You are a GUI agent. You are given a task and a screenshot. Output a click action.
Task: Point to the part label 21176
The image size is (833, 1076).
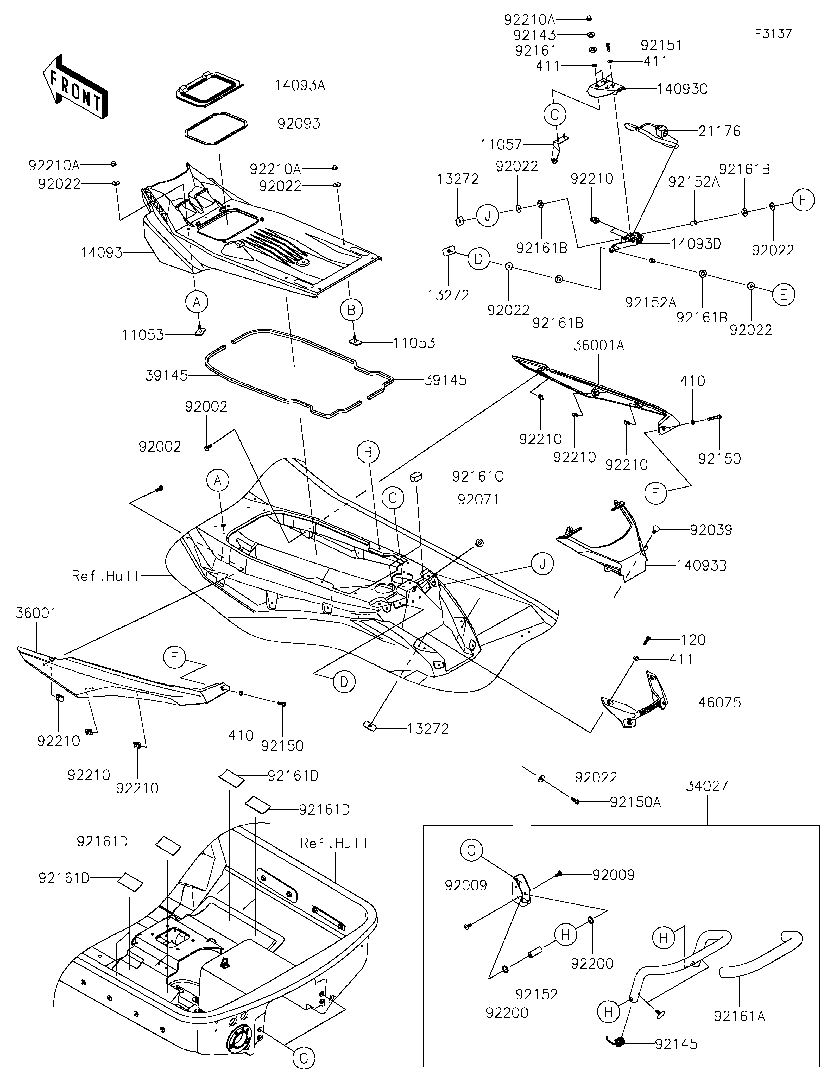[720, 131]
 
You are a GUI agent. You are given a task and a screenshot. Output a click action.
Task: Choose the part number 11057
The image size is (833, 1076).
[501, 144]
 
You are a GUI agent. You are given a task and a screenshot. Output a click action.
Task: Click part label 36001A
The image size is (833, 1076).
[598, 345]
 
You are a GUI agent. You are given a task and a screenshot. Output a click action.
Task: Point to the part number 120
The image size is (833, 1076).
[693, 640]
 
